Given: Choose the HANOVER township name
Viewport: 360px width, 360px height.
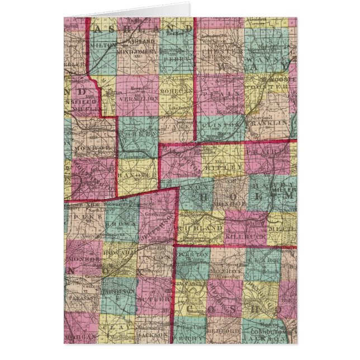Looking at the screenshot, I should click(x=138, y=175).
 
